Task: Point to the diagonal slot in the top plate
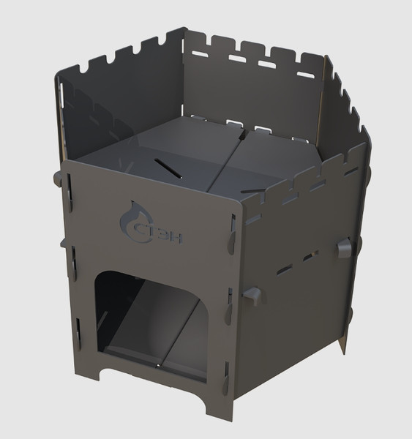pyautogui.click(x=168, y=168)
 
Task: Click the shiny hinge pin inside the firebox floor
pyautogui.click(x=159, y=365)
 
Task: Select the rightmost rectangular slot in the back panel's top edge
pyautogui.click(x=306, y=74)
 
